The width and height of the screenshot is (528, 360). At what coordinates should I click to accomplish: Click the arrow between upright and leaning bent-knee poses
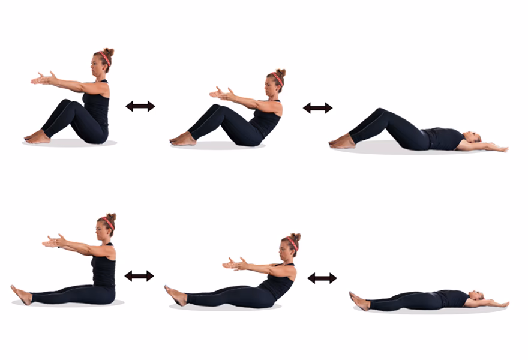[x=140, y=106]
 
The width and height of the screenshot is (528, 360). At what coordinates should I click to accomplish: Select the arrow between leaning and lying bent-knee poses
[x=317, y=108]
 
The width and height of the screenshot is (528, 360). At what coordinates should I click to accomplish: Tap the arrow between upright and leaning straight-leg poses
[x=139, y=276]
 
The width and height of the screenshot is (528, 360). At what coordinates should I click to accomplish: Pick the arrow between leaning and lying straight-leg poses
[x=322, y=278]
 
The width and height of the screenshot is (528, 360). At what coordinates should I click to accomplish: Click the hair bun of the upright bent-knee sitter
[x=109, y=52]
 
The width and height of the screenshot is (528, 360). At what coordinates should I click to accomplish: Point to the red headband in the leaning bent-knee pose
[x=278, y=78]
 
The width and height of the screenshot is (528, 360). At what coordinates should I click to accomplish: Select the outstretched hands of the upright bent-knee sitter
[x=42, y=78]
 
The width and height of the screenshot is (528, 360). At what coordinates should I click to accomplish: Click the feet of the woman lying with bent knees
[x=342, y=142]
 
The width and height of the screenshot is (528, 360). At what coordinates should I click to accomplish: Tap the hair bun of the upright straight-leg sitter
[x=111, y=217]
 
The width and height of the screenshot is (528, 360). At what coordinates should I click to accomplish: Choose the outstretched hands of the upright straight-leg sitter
[x=53, y=241]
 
